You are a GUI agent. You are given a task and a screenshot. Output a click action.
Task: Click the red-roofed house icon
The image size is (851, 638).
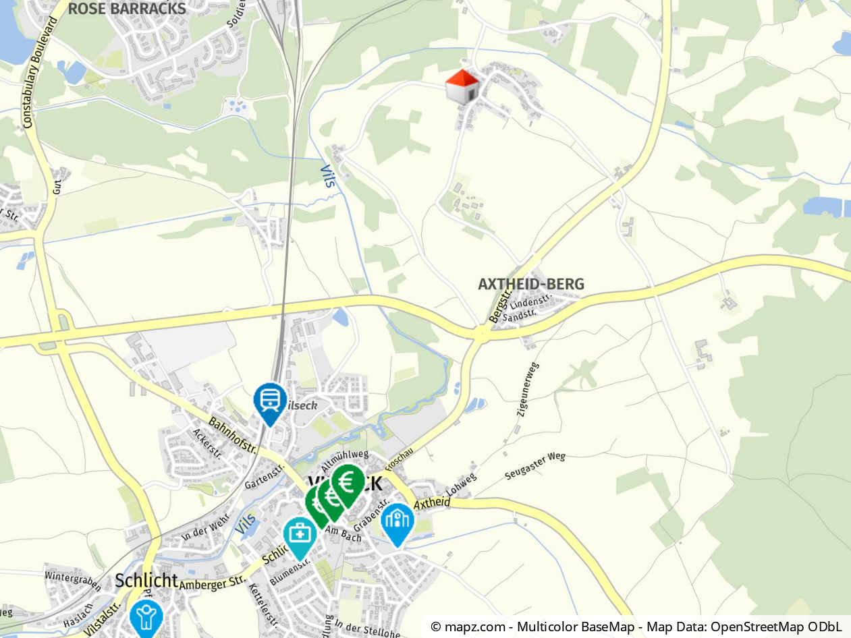point(462,87)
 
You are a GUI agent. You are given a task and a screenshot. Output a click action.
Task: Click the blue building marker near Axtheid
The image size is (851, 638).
point(397,521)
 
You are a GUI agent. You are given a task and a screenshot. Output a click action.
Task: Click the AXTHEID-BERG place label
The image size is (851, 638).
point(530,284)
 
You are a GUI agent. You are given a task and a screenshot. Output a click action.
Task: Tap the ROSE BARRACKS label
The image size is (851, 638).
point(127,9)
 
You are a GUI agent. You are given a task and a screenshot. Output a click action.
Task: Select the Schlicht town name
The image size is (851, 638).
point(146,580)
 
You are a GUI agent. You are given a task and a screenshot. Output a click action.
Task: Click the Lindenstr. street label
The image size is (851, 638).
point(531,301)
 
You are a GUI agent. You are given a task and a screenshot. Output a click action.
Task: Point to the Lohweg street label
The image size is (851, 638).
point(462,487)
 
